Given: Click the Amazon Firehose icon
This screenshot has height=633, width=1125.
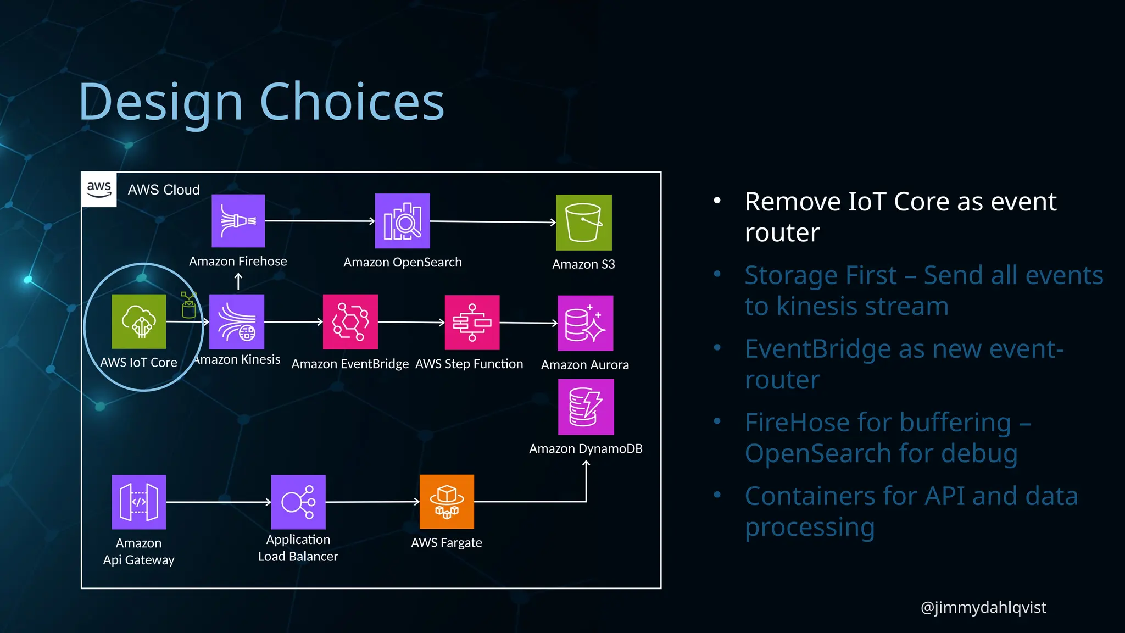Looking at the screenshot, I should click(x=238, y=221).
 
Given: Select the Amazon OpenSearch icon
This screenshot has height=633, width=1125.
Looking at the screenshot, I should click(x=402, y=221).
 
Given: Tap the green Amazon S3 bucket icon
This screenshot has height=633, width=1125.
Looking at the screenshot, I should click(x=583, y=223).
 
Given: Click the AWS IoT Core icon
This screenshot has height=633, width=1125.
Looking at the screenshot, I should click(x=138, y=321).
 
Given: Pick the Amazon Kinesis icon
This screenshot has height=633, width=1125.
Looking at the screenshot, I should click(x=237, y=322).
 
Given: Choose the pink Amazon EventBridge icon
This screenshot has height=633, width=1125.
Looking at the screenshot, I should click(x=350, y=322).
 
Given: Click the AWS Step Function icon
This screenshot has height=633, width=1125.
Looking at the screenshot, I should click(x=472, y=323).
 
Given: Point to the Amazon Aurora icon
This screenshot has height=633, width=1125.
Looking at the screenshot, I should click(x=585, y=323).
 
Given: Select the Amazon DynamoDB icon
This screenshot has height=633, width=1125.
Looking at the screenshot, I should click(x=586, y=407).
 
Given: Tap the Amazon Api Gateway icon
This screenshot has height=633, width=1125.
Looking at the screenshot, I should click(x=138, y=502).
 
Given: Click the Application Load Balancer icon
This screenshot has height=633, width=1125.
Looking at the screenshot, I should click(x=298, y=502).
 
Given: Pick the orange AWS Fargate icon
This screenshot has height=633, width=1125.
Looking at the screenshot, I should click(x=447, y=502).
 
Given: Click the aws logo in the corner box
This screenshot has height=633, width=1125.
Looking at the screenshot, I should click(x=99, y=189).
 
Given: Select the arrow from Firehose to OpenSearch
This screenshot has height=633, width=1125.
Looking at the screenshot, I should click(x=319, y=221).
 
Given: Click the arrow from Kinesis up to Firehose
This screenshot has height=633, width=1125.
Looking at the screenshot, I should click(x=238, y=281).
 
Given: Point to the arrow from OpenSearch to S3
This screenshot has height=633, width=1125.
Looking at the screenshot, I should click(x=493, y=222).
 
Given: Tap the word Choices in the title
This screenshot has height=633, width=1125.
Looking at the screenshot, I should click(x=352, y=102).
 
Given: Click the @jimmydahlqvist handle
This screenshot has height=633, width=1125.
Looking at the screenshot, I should click(x=983, y=607).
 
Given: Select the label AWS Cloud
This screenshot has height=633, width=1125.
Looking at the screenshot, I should click(x=164, y=190).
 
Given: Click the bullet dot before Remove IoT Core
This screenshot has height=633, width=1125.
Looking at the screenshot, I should click(x=717, y=201).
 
